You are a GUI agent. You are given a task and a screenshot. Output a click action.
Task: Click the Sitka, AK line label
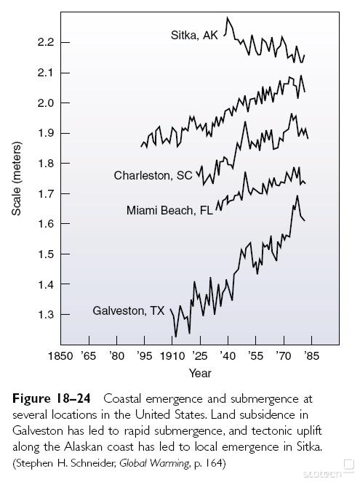click(x=194, y=36)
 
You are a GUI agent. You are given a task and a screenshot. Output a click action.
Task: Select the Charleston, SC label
click(x=153, y=175)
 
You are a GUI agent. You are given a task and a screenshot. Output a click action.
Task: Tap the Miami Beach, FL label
click(x=169, y=211)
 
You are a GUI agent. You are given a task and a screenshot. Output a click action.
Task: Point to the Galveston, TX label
click(x=129, y=310)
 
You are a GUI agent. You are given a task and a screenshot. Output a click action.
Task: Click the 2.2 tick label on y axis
click(x=46, y=42)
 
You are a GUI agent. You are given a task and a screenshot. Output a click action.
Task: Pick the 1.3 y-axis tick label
click(x=46, y=315)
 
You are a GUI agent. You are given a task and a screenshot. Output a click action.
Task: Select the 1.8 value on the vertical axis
click(x=46, y=164)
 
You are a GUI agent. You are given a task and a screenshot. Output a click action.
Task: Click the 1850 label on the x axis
click(x=60, y=356)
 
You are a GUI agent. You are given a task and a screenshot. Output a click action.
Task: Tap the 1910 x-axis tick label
click(x=172, y=356)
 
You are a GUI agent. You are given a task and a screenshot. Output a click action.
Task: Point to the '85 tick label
click(x=311, y=356)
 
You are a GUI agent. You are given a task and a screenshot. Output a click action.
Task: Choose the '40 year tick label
click(x=228, y=356)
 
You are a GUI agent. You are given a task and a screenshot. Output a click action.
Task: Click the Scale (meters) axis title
click(x=17, y=179)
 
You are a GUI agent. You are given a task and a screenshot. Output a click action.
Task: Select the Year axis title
click(x=200, y=374)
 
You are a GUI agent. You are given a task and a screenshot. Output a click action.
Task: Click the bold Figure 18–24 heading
click(x=52, y=398)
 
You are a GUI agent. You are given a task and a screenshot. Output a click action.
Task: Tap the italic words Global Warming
click(x=154, y=463)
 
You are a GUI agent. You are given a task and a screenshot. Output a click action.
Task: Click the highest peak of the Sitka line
click(x=228, y=17)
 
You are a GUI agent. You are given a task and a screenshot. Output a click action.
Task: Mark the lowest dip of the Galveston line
click(x=176, y=337)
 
